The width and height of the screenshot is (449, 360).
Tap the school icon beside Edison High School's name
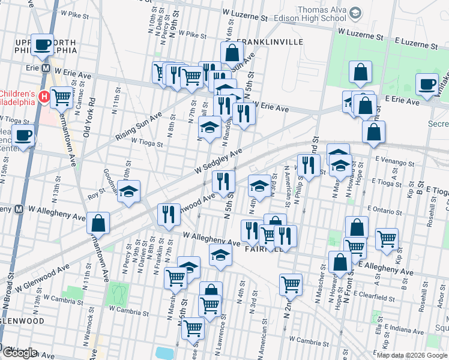pos(356,13)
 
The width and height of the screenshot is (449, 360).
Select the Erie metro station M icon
pos(46,68)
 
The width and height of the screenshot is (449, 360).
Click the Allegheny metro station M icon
pos(19,209)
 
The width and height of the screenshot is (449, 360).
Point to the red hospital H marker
pos(43,96)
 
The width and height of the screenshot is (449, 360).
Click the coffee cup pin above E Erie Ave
pos(427,85)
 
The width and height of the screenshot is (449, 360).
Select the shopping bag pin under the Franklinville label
pos(232,53)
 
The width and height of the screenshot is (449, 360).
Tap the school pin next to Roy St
pos(128,191)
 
